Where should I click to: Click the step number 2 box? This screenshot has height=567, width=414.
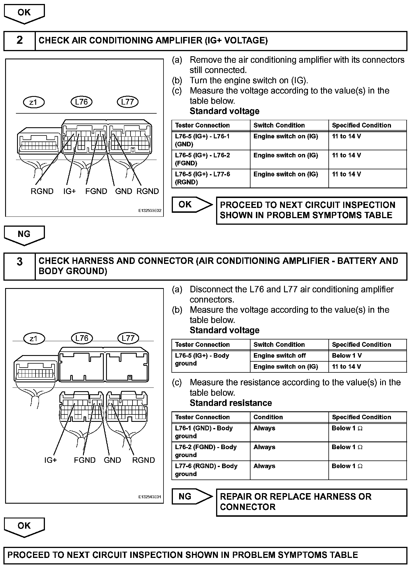pyautogui.click(x=19, y=41)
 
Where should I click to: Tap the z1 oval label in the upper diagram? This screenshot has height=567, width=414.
pyautogui.click(x=34, y=102)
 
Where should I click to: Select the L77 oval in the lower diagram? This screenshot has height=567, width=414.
pyautogui.click(x=128, y=338)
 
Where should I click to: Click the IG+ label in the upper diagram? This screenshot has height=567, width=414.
pyautogui.click(x=69, y=191)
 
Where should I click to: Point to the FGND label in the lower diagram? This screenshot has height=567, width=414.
pyautogui.click(x=85, y=460)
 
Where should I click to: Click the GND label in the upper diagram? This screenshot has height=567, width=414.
pyautogui.click(x=123, y=191)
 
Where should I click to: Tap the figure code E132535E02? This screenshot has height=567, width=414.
pyautogui.click(x=150, y=211)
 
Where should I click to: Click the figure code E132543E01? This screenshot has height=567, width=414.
pyautogui.click(x=150, y=497)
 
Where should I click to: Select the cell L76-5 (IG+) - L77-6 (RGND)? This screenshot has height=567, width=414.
pyautogui.click(x=210, y=178)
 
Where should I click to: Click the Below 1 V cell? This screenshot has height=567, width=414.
pyautogui.click(x=367, y=356)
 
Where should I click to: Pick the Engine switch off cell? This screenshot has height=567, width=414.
pyautogui.click(x=289, y=356)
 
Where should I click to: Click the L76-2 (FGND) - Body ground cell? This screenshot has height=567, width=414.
pyautogui.click(x=210, y=451)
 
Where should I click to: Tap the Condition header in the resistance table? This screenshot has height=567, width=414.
pyautogui.click(x=268, y=417)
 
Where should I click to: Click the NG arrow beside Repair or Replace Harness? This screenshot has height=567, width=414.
pyautogui.click(x=192, y=497)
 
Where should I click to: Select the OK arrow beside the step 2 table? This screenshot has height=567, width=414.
pyautogui.click(x=192, y=205)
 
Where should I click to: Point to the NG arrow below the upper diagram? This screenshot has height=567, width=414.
pyautogui.click(x=24, y=235)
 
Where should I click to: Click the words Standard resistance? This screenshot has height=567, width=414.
pyautogui.click(x=231, y=403)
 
